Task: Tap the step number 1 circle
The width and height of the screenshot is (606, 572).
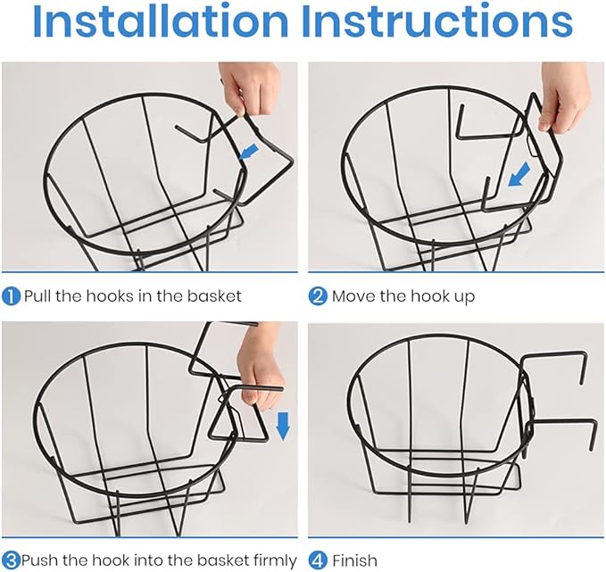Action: point(11,297)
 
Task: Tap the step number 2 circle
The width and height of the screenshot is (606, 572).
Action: point(318,297)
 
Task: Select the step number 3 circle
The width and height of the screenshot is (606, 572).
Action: point(11,560)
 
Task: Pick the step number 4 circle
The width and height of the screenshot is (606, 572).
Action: point(318,560)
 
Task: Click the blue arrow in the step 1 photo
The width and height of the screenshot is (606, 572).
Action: point(248,151)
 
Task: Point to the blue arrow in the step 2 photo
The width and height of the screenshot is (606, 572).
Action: point(519,174)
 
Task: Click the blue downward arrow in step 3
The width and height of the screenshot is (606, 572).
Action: point(283,426)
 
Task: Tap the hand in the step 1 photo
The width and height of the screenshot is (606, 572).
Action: point(248,87)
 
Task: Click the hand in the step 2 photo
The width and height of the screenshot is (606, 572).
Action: point(565,95)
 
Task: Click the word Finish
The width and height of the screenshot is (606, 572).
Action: point(354,560)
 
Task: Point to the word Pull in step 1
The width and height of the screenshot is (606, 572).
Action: point(37,296)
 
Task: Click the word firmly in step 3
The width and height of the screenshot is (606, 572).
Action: point(275,560)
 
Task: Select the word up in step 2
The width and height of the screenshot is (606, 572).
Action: point(465,297)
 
